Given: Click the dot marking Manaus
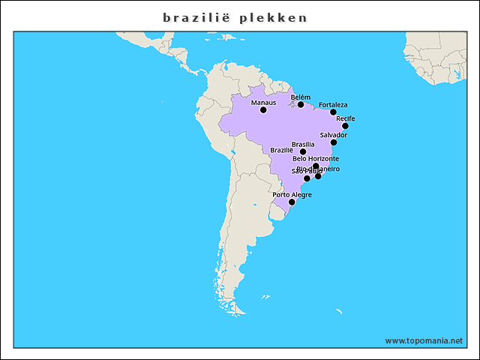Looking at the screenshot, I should pos(263,110).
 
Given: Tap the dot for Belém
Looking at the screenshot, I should pos(301,105).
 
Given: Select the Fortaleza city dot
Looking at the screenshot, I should pos(333,112).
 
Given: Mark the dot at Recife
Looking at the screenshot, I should pos(345,126).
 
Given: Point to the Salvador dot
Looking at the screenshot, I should pos(334,142).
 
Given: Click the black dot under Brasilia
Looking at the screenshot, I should pos(303,151).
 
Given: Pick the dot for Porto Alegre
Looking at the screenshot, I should pos(292,202).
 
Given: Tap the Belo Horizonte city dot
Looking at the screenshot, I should pos(316,166).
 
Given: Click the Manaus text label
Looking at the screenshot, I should pos(263,102).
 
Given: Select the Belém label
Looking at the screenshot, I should pos(300,97).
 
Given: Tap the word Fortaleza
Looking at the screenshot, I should pos(333,105).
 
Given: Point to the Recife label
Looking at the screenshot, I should pos(346,118).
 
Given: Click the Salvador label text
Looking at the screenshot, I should pos(334,135).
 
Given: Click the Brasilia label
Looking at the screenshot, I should pos(303,144).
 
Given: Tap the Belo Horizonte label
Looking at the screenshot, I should pos(316,159).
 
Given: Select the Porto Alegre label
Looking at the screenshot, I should pos(292,195).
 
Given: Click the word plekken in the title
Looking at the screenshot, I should pos(274,17).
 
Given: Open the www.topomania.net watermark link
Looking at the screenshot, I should pos(424,340).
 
